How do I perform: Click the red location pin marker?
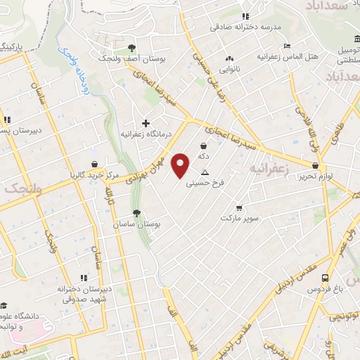coord(181,165)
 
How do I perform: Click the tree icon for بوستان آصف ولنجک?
coord(132,49)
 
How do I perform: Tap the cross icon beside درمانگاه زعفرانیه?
coord(146,123)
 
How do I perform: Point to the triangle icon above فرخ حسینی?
coord(205,172)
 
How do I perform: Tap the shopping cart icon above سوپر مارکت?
coord(240,207)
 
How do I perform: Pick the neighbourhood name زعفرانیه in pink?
coord(268,169)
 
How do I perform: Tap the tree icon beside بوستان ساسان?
coord(136,212)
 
